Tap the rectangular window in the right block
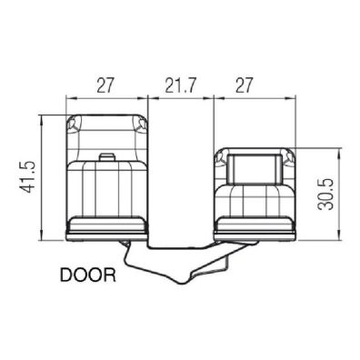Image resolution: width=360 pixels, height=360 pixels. click(253, 169)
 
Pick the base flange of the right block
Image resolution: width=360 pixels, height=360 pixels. click(253, 231)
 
